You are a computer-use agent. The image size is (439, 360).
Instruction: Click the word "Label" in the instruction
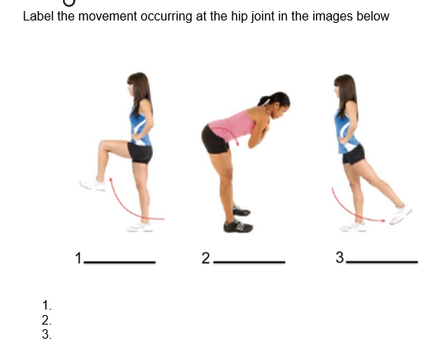coord(38,17)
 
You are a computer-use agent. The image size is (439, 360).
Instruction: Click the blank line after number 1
coord(120,262)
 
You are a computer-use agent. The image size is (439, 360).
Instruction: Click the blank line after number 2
coord(249,262)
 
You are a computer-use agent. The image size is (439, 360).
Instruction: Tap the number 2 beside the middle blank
coord(206,258)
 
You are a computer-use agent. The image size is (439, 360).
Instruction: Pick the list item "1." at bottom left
coord(47,305)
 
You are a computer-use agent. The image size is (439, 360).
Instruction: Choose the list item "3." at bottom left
coord(47,334)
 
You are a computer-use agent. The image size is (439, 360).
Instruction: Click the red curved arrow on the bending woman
coord(234,138)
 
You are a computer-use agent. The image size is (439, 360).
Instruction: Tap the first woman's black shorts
coord(140,152)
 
